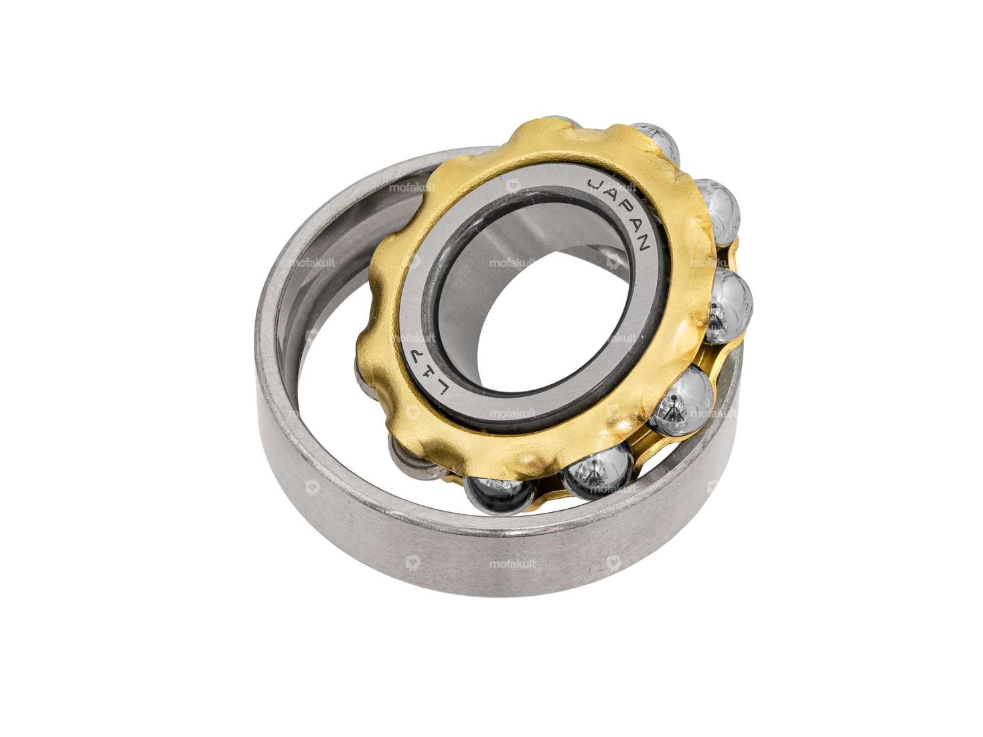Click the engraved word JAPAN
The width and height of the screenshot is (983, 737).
619,214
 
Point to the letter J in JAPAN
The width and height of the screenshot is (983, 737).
594,184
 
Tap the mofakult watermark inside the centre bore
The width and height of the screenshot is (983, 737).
512,263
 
